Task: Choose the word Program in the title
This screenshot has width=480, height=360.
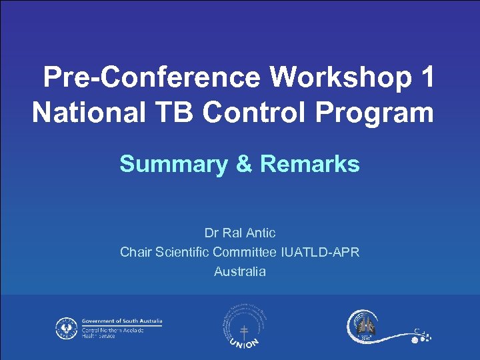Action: coord(378,112)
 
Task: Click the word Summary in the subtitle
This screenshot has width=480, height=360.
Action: coord(173,163)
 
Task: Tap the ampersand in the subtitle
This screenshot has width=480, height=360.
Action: coord(243,163)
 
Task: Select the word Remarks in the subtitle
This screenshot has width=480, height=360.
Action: coord(309,163)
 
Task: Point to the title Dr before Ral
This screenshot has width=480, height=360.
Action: coord(211,233)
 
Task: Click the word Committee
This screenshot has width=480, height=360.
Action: coord(245,252)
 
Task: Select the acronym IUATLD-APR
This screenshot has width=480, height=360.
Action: coord(321,252)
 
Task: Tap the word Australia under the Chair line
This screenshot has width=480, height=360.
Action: coord(240,271)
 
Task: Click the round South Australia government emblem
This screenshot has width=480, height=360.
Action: coord(65,328)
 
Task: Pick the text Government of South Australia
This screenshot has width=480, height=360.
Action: coord(122,321)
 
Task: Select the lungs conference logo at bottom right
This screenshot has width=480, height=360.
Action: coord(363,327)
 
